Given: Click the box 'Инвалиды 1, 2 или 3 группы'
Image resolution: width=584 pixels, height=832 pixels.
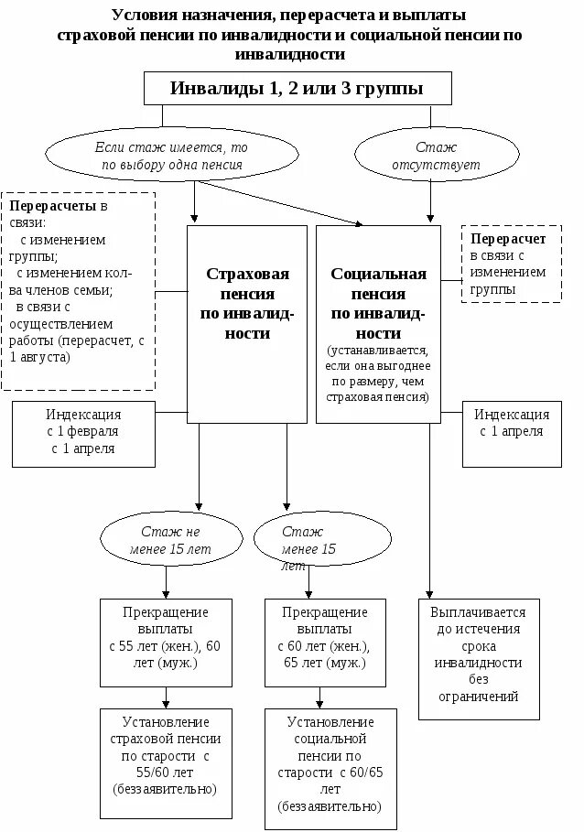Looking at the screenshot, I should (x=297, y=89).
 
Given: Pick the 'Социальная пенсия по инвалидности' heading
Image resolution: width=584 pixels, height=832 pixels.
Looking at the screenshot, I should (x=378, y=303).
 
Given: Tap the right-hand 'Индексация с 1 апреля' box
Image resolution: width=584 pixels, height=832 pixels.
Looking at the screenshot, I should (x=512, y=423).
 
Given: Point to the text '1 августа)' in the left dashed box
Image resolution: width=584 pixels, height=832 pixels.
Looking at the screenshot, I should (x=38, y=356).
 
